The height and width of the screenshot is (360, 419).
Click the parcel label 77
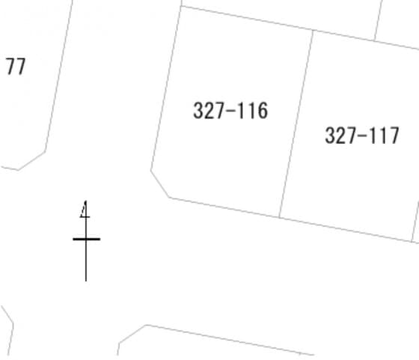(x=16, y=67)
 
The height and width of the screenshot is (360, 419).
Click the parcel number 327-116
(x=230, y=110)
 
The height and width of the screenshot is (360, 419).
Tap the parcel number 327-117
(x=362, y=135)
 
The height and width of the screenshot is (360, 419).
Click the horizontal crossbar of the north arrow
(x=86, y=239)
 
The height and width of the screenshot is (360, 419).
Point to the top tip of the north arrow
(x=85, y=201)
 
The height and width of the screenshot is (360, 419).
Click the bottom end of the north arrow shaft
(x=86, y=281)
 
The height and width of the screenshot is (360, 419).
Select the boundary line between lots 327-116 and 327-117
(x=296, y=123)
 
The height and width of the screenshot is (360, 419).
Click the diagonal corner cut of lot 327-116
(x=160, y=184)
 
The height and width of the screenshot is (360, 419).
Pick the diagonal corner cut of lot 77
(x=31, y=161)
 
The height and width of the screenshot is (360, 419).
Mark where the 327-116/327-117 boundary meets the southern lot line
(x=279, y=217)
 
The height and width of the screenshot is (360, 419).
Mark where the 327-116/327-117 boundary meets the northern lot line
(x=313, y=30)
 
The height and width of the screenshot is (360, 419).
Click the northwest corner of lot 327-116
(x=181, y=6)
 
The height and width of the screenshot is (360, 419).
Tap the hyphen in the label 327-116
(x=230, y=112)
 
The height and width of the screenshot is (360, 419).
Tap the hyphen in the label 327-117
(x=362, y=136)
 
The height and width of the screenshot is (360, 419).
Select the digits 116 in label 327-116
(x=252, y=110)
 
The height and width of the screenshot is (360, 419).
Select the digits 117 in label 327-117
(x=384, y=135)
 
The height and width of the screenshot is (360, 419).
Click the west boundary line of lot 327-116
(x=166, y=88)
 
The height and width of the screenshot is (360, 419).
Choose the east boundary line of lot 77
(x=59, y=76)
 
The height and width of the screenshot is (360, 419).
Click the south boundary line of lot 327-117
(x=345, y=230)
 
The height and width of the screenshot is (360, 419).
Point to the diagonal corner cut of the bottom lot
(x=132, y=334)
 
